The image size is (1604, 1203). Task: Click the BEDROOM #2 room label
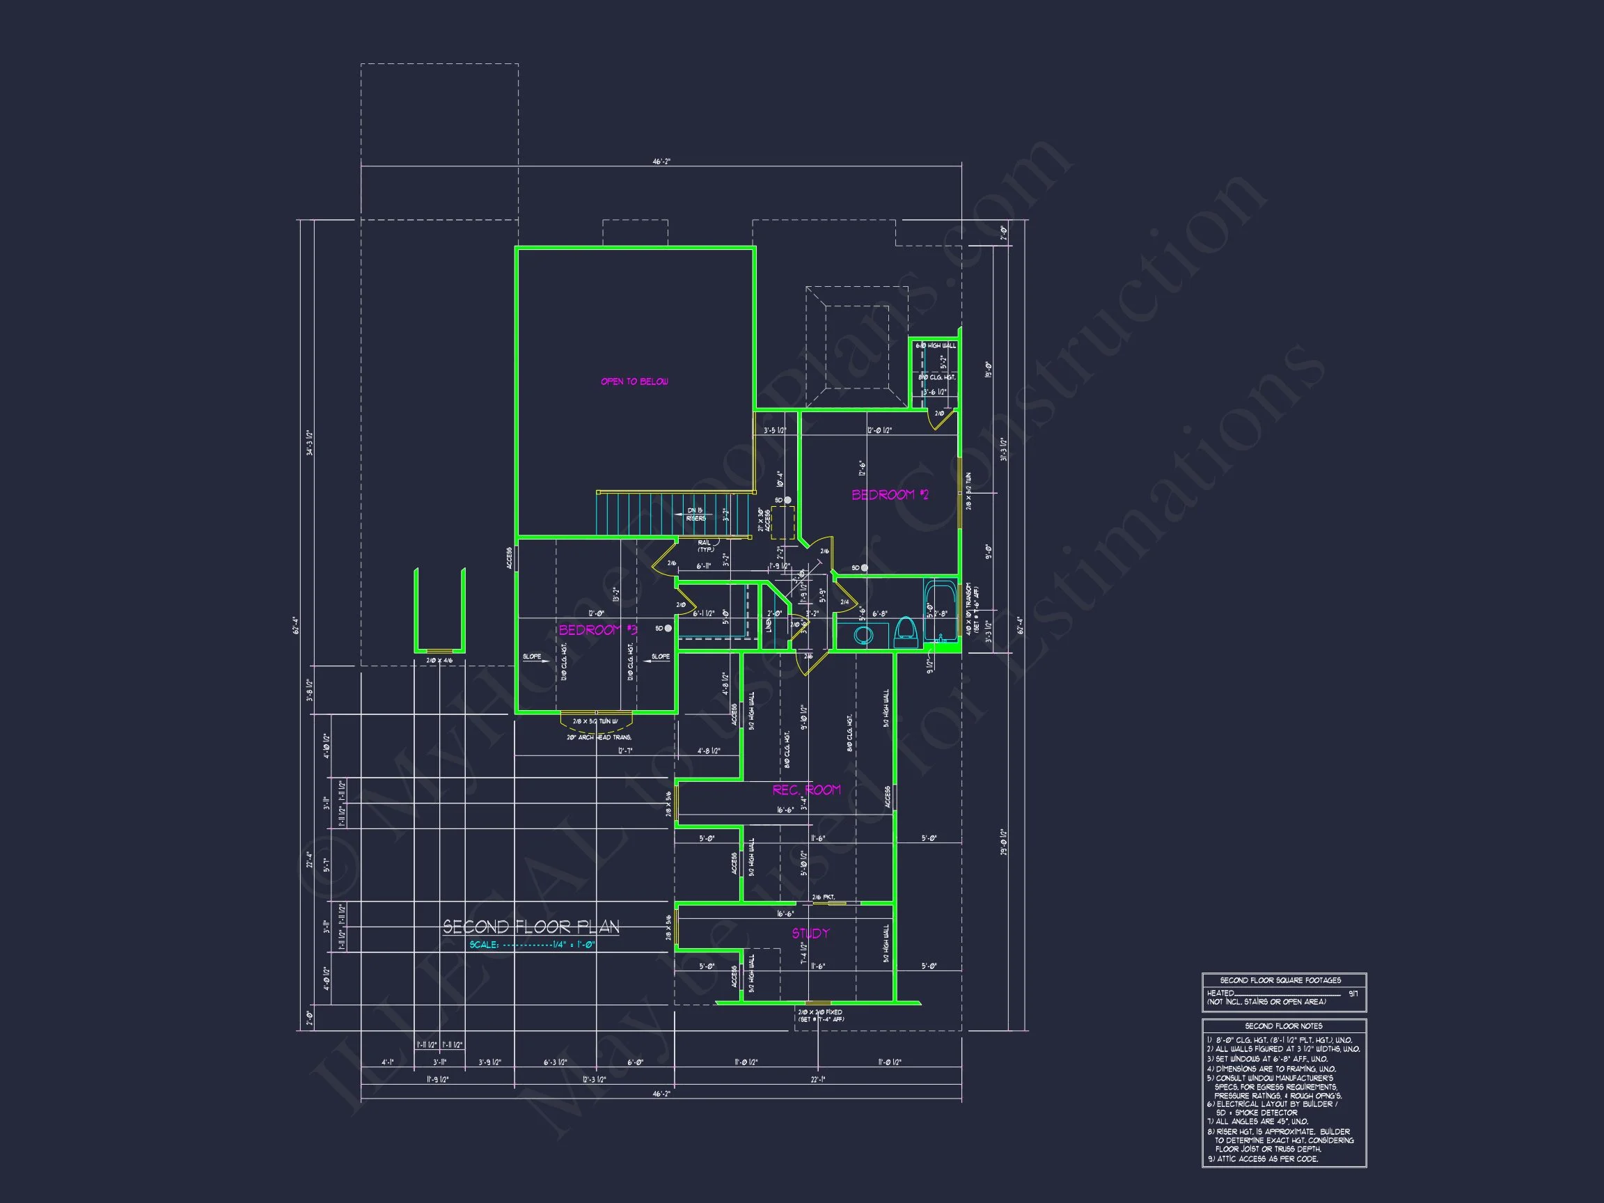(x=889, y=494)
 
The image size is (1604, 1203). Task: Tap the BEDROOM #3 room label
(x=597, y=629)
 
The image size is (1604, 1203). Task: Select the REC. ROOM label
(x=806, y=789)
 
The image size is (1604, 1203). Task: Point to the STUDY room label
(x=810, y=934)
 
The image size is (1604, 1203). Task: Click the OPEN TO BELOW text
(x=634, y=382)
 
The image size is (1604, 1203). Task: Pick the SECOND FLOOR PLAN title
(x=530, y=927)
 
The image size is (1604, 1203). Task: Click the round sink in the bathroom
(x=863, y=636)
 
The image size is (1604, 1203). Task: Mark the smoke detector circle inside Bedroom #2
(x=864, y=568)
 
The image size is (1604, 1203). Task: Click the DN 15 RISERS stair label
(x=695, y=514)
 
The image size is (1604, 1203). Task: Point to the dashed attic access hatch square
(x=783, y=522)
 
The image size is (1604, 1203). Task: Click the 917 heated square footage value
(x=1353, y=993)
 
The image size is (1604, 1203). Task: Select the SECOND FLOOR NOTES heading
(x=1284, y=1026)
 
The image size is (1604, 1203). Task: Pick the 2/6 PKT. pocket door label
(x=823, y=897)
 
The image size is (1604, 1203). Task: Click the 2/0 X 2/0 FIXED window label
(x=820, y=1012)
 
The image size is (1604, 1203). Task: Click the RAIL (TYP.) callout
(x=705, y=546)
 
